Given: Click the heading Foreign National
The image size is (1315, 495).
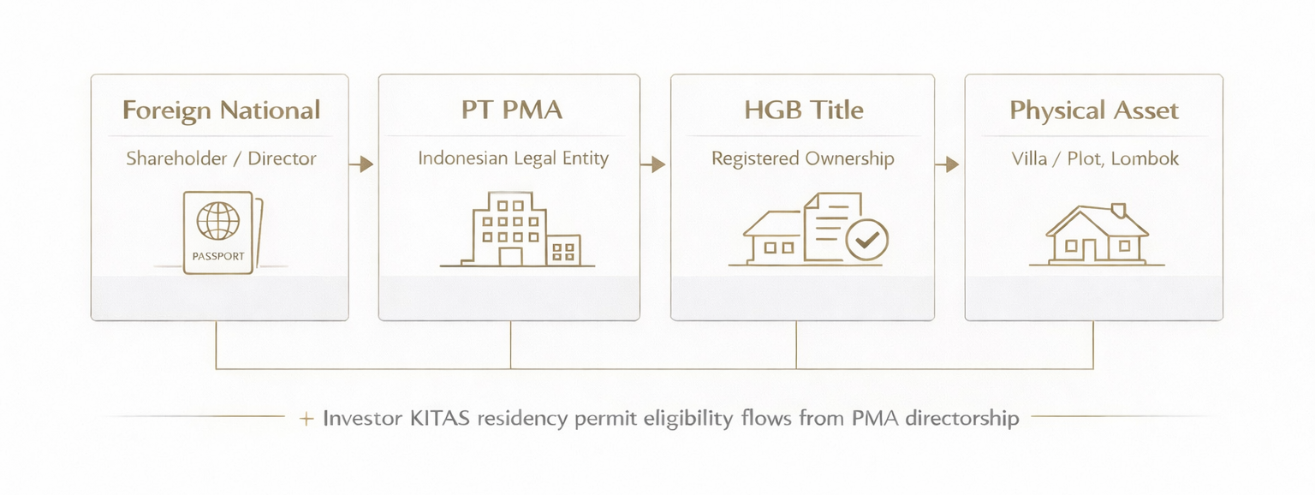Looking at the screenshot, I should click(221, 110).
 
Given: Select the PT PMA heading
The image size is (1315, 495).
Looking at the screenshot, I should click(510, 110).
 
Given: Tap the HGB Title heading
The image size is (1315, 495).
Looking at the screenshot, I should click(803, 110).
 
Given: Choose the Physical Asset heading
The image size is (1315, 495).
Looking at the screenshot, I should click(1094, 110).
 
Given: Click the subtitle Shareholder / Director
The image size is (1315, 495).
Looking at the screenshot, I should click(221, 158).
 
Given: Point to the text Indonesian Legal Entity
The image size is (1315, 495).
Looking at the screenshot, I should click(513, 158).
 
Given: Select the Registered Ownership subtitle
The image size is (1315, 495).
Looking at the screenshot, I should click(803, 158).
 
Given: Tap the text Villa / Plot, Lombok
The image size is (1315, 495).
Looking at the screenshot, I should click(1094, 158).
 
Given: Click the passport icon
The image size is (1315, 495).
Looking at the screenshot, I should click(221, 232).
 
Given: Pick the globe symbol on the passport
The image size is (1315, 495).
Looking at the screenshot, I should click(217, 221).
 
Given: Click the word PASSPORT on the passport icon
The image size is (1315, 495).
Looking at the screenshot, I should click(218, 256).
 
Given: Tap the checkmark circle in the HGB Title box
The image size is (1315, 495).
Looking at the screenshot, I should click(866, 238).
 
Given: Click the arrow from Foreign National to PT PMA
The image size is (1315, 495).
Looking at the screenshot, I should click(363, 164).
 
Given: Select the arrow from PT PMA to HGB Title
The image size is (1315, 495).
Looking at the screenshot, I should click(656, 164).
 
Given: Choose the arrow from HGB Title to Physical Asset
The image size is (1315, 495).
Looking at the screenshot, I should click(948, 164).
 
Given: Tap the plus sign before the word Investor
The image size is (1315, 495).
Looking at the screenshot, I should click(306, 420).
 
